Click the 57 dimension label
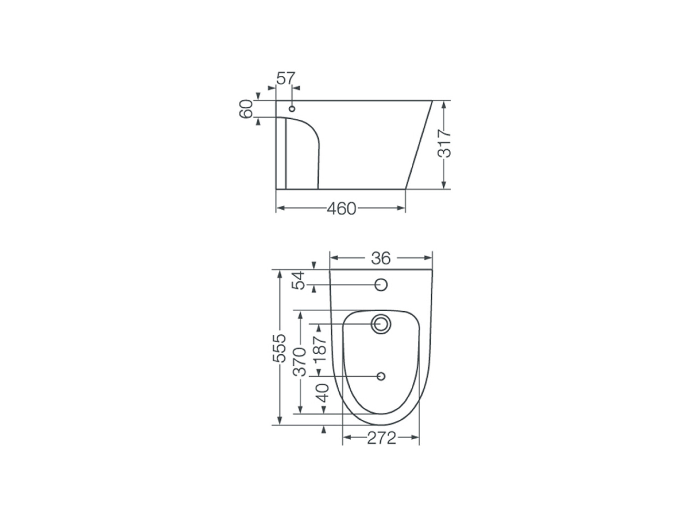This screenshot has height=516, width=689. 286,78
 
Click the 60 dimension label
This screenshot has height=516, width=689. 246,109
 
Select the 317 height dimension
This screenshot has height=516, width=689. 444,144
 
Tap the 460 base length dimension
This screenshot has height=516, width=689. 341,208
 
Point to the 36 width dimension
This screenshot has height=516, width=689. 381,258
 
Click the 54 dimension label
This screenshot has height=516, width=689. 298,280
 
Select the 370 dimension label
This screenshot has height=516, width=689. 299,362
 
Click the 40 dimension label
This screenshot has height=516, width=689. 323,393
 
